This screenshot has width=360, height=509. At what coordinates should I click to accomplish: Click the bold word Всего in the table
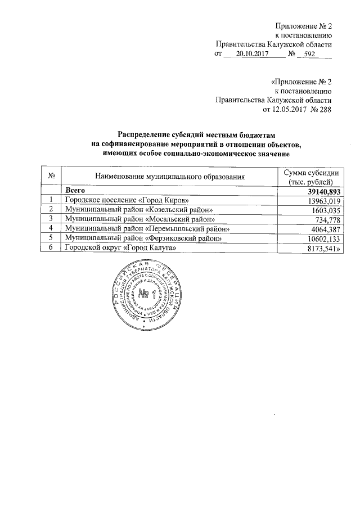[75, 191]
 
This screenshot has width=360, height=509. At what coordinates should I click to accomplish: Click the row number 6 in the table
[51, 247]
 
